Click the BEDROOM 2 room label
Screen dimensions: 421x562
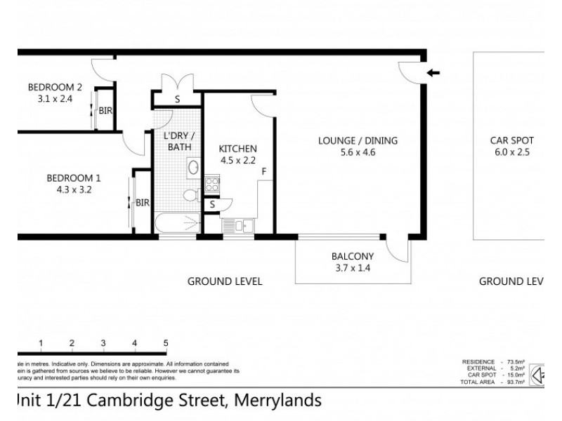tap(55, 87)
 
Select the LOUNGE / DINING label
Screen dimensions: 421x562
tap(358, 140)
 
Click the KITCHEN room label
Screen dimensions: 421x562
tap(237, 149)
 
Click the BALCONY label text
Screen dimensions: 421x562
tap(352, 256)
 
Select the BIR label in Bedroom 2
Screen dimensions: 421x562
tap(105, 111)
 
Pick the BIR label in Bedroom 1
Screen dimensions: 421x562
tap(143, 203)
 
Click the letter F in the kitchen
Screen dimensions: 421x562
tap(263, 171)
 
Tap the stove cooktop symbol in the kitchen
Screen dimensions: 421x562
tap(211, 185)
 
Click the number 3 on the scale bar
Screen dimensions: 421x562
tap(103, 343)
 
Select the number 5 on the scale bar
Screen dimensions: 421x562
tap(166, 343)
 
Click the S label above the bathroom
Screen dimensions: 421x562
tap(177, 100)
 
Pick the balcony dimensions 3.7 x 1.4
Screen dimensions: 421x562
tap(352, 267)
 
